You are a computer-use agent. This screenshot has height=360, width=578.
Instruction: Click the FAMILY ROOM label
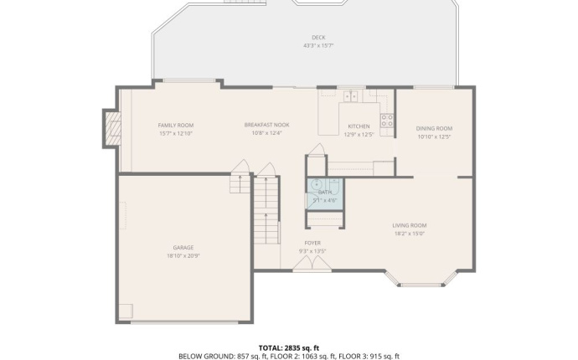[x=176, y=125]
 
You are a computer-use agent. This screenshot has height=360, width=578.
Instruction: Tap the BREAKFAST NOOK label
[x=266, y=125]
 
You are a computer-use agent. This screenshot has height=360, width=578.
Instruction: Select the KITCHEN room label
[x=359, y=126]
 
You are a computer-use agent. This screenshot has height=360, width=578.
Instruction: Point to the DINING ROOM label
[x=434, y=128]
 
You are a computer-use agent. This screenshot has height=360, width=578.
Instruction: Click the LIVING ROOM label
[x=410, y=224]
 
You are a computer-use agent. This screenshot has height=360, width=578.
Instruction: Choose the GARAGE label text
[x=183, y=247]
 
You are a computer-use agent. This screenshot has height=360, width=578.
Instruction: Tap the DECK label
[x=318, y=37]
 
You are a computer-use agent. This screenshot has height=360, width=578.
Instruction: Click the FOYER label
[x=312, y=243]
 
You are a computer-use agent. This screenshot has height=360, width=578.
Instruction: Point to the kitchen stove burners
[x=387, y=121]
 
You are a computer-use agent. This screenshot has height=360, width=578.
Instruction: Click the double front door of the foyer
[x=312, y=265]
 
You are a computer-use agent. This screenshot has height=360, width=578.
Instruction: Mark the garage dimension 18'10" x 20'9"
[x=183, y=255]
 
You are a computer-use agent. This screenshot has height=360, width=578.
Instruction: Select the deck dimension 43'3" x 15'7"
[x=318, y=45]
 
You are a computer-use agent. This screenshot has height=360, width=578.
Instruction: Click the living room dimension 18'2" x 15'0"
[x=410, y=233]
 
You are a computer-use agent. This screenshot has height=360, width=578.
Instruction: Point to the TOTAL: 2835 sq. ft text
[x=289, y=347]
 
